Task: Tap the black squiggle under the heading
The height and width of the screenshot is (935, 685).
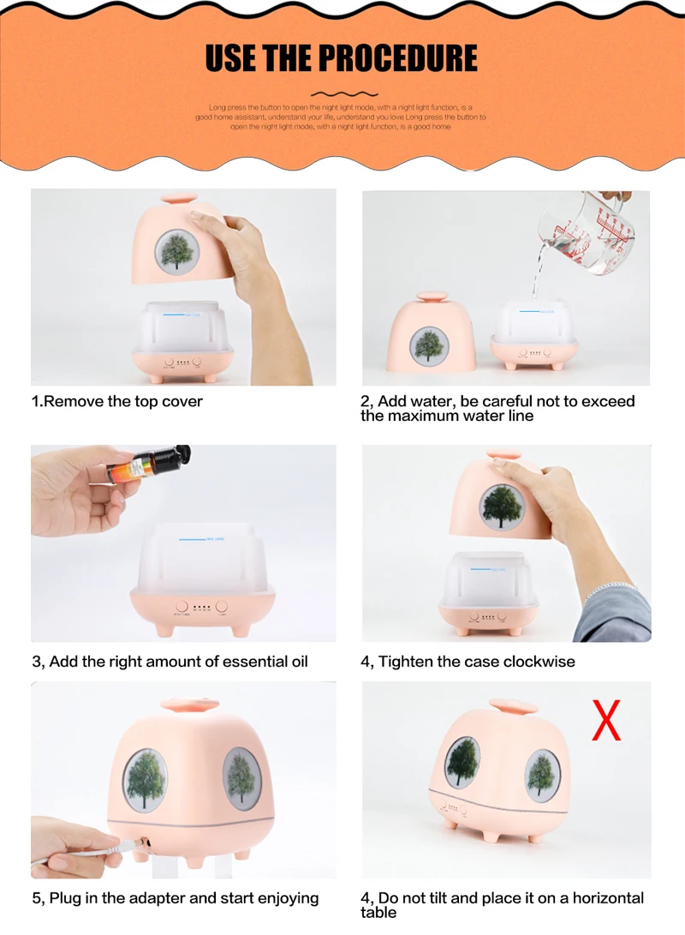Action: pyautogui.click(x=342, y=93)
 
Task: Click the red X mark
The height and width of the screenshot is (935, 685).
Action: pyautogui.click(x=606, y=721)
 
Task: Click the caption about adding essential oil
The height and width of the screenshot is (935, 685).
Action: pyautogui.click(x=170, y=661)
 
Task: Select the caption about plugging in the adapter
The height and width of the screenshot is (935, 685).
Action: pyautogui.click(x=175, y=897)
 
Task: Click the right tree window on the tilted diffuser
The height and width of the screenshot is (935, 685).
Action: pyautogui.click(x=542, y=776)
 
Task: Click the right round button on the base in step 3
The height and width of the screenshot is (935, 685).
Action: pyautogui.click(x=222, y=604)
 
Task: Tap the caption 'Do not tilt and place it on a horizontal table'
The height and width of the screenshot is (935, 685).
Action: pyautogui.click(x=502, y=904)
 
